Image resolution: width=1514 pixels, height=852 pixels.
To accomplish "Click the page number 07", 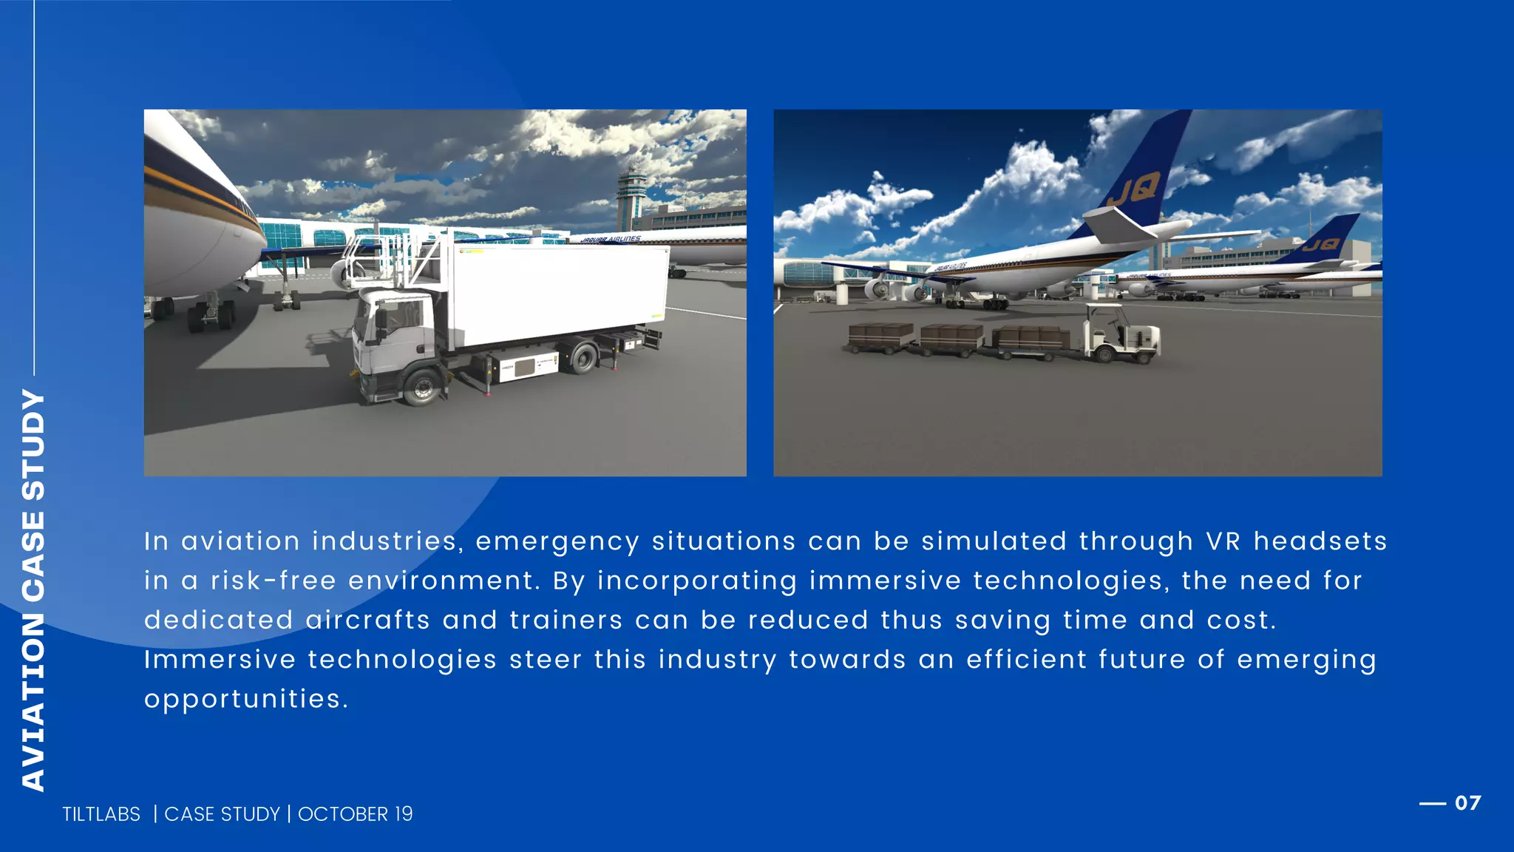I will (x=1467, y=803).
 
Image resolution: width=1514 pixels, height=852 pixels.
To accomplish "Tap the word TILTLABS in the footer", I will (x=101, y=814).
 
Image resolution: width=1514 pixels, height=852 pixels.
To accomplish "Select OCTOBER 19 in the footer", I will (x=356, y=814).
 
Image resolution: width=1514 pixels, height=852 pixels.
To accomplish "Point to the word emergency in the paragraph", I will (x=557, y=542).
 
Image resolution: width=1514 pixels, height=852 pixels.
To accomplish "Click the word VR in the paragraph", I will (x=1223, y=541).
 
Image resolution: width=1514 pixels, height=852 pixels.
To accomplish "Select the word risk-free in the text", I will (x=274, y=581).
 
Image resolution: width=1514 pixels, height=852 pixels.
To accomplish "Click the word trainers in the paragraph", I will (x=566, y=621).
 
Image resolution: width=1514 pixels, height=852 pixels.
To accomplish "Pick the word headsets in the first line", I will (x=1320, y=541).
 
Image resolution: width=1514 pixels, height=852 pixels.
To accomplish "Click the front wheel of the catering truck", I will (x=423, y=388).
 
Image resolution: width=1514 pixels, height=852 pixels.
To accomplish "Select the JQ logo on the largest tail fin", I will (x=1133, y=191).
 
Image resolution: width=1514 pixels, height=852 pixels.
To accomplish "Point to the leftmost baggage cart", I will (x=880, y=337).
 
